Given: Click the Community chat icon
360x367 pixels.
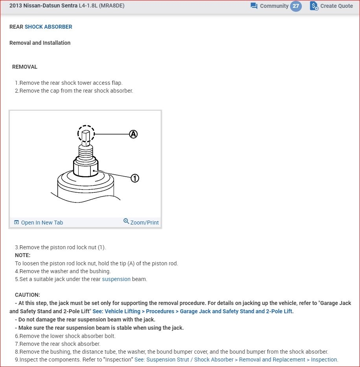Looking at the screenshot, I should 254,6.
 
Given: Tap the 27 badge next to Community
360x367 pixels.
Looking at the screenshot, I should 296,6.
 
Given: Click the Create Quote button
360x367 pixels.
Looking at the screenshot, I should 331,6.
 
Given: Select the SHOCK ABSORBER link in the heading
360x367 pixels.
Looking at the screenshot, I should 48,27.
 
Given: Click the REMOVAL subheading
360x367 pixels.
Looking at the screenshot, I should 25,67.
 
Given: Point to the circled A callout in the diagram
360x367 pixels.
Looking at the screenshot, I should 134,134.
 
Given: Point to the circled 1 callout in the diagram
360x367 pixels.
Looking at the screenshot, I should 134,178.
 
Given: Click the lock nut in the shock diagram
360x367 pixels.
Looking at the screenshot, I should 86,169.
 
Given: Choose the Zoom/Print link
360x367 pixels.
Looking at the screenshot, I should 141,222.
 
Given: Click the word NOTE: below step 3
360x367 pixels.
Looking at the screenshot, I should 23,255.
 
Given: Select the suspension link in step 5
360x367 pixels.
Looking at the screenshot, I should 116,279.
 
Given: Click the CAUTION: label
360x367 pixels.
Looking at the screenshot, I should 28,295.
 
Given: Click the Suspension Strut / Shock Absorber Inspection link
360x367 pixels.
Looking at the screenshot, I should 236,360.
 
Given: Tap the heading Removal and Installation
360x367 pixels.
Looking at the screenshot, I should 40,43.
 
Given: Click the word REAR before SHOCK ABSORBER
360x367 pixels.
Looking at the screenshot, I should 16,27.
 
